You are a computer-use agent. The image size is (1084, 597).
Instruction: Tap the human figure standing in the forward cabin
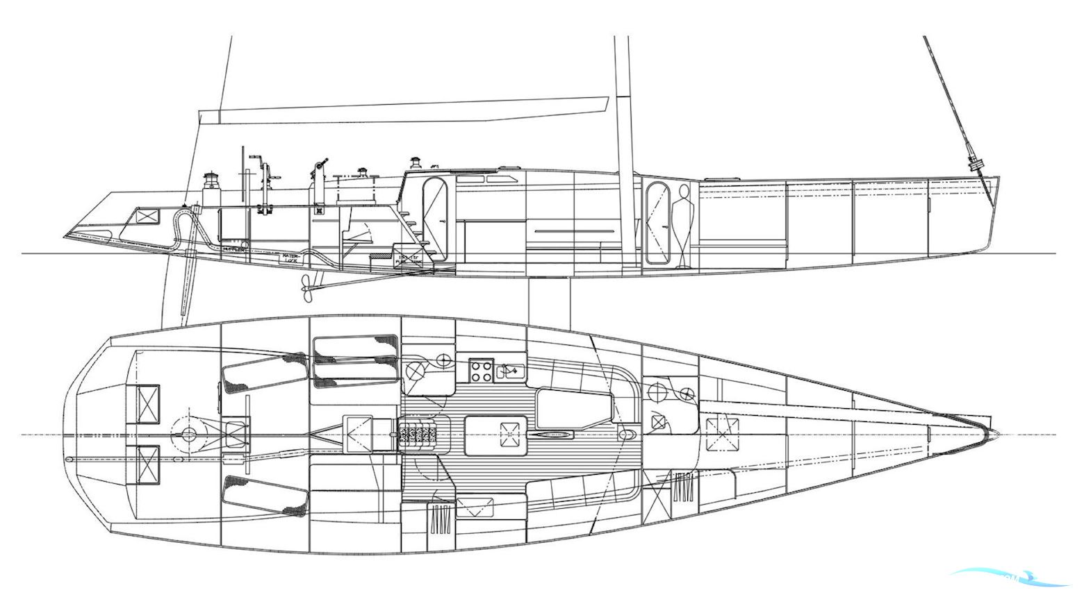click(683, 226)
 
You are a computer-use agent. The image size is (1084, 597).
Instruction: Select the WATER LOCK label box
click(290, 258)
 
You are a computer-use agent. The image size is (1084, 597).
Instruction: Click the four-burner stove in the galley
click(481, 370)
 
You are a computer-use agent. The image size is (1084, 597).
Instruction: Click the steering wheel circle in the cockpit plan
click(188, 434)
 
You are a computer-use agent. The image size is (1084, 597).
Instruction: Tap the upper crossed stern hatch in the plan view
click(147, 403)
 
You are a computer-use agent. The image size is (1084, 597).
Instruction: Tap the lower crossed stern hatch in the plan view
click(147, 464)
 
